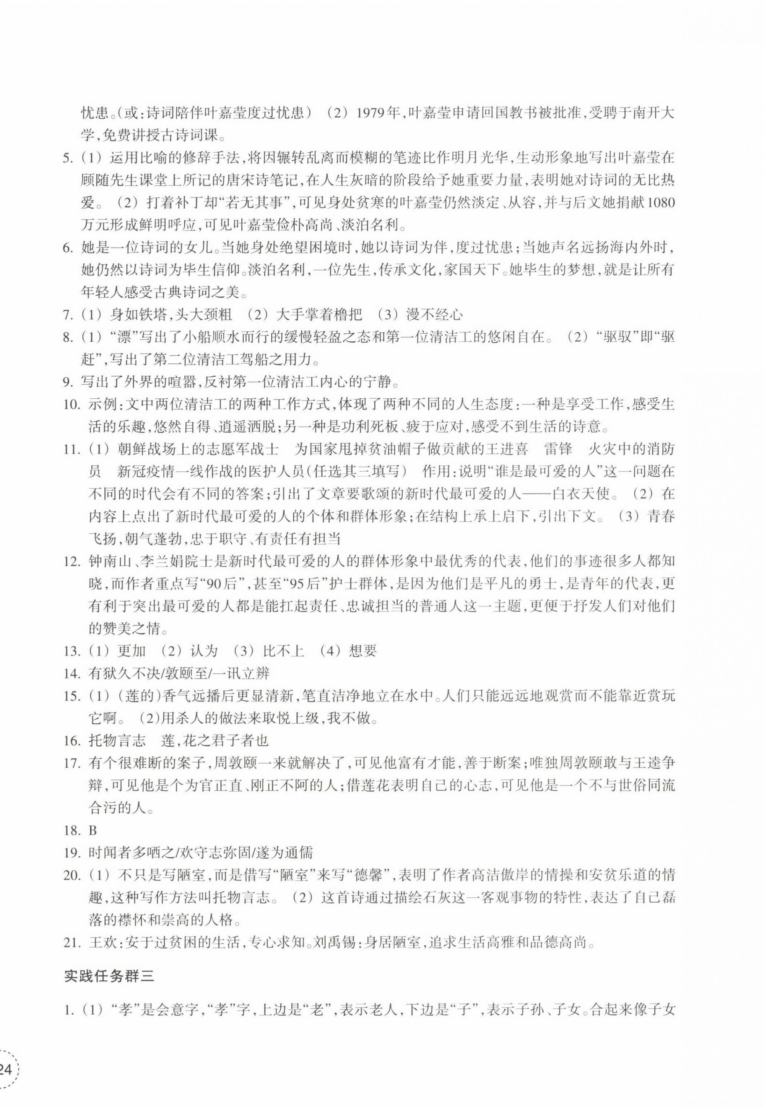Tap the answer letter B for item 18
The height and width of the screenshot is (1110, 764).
[x=93, y=830]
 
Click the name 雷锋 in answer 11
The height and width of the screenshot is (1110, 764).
[x=558, y=449]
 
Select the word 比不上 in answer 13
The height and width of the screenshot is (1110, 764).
[x=283, y=650]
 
